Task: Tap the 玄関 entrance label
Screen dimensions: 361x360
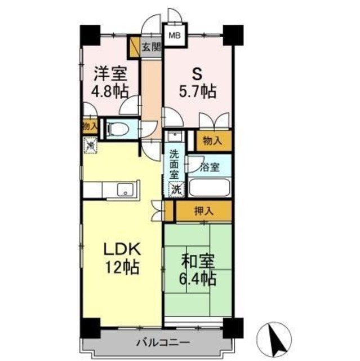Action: (x=150, y=47)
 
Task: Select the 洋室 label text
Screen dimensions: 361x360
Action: (x=110, y=74)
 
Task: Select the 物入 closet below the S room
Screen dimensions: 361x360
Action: (x=212, y=140)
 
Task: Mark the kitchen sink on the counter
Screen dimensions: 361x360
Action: (x=125, y=190)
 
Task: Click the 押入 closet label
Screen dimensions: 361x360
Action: (x=203, y=212)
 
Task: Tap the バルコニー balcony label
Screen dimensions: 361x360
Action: (x=162, y=342)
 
